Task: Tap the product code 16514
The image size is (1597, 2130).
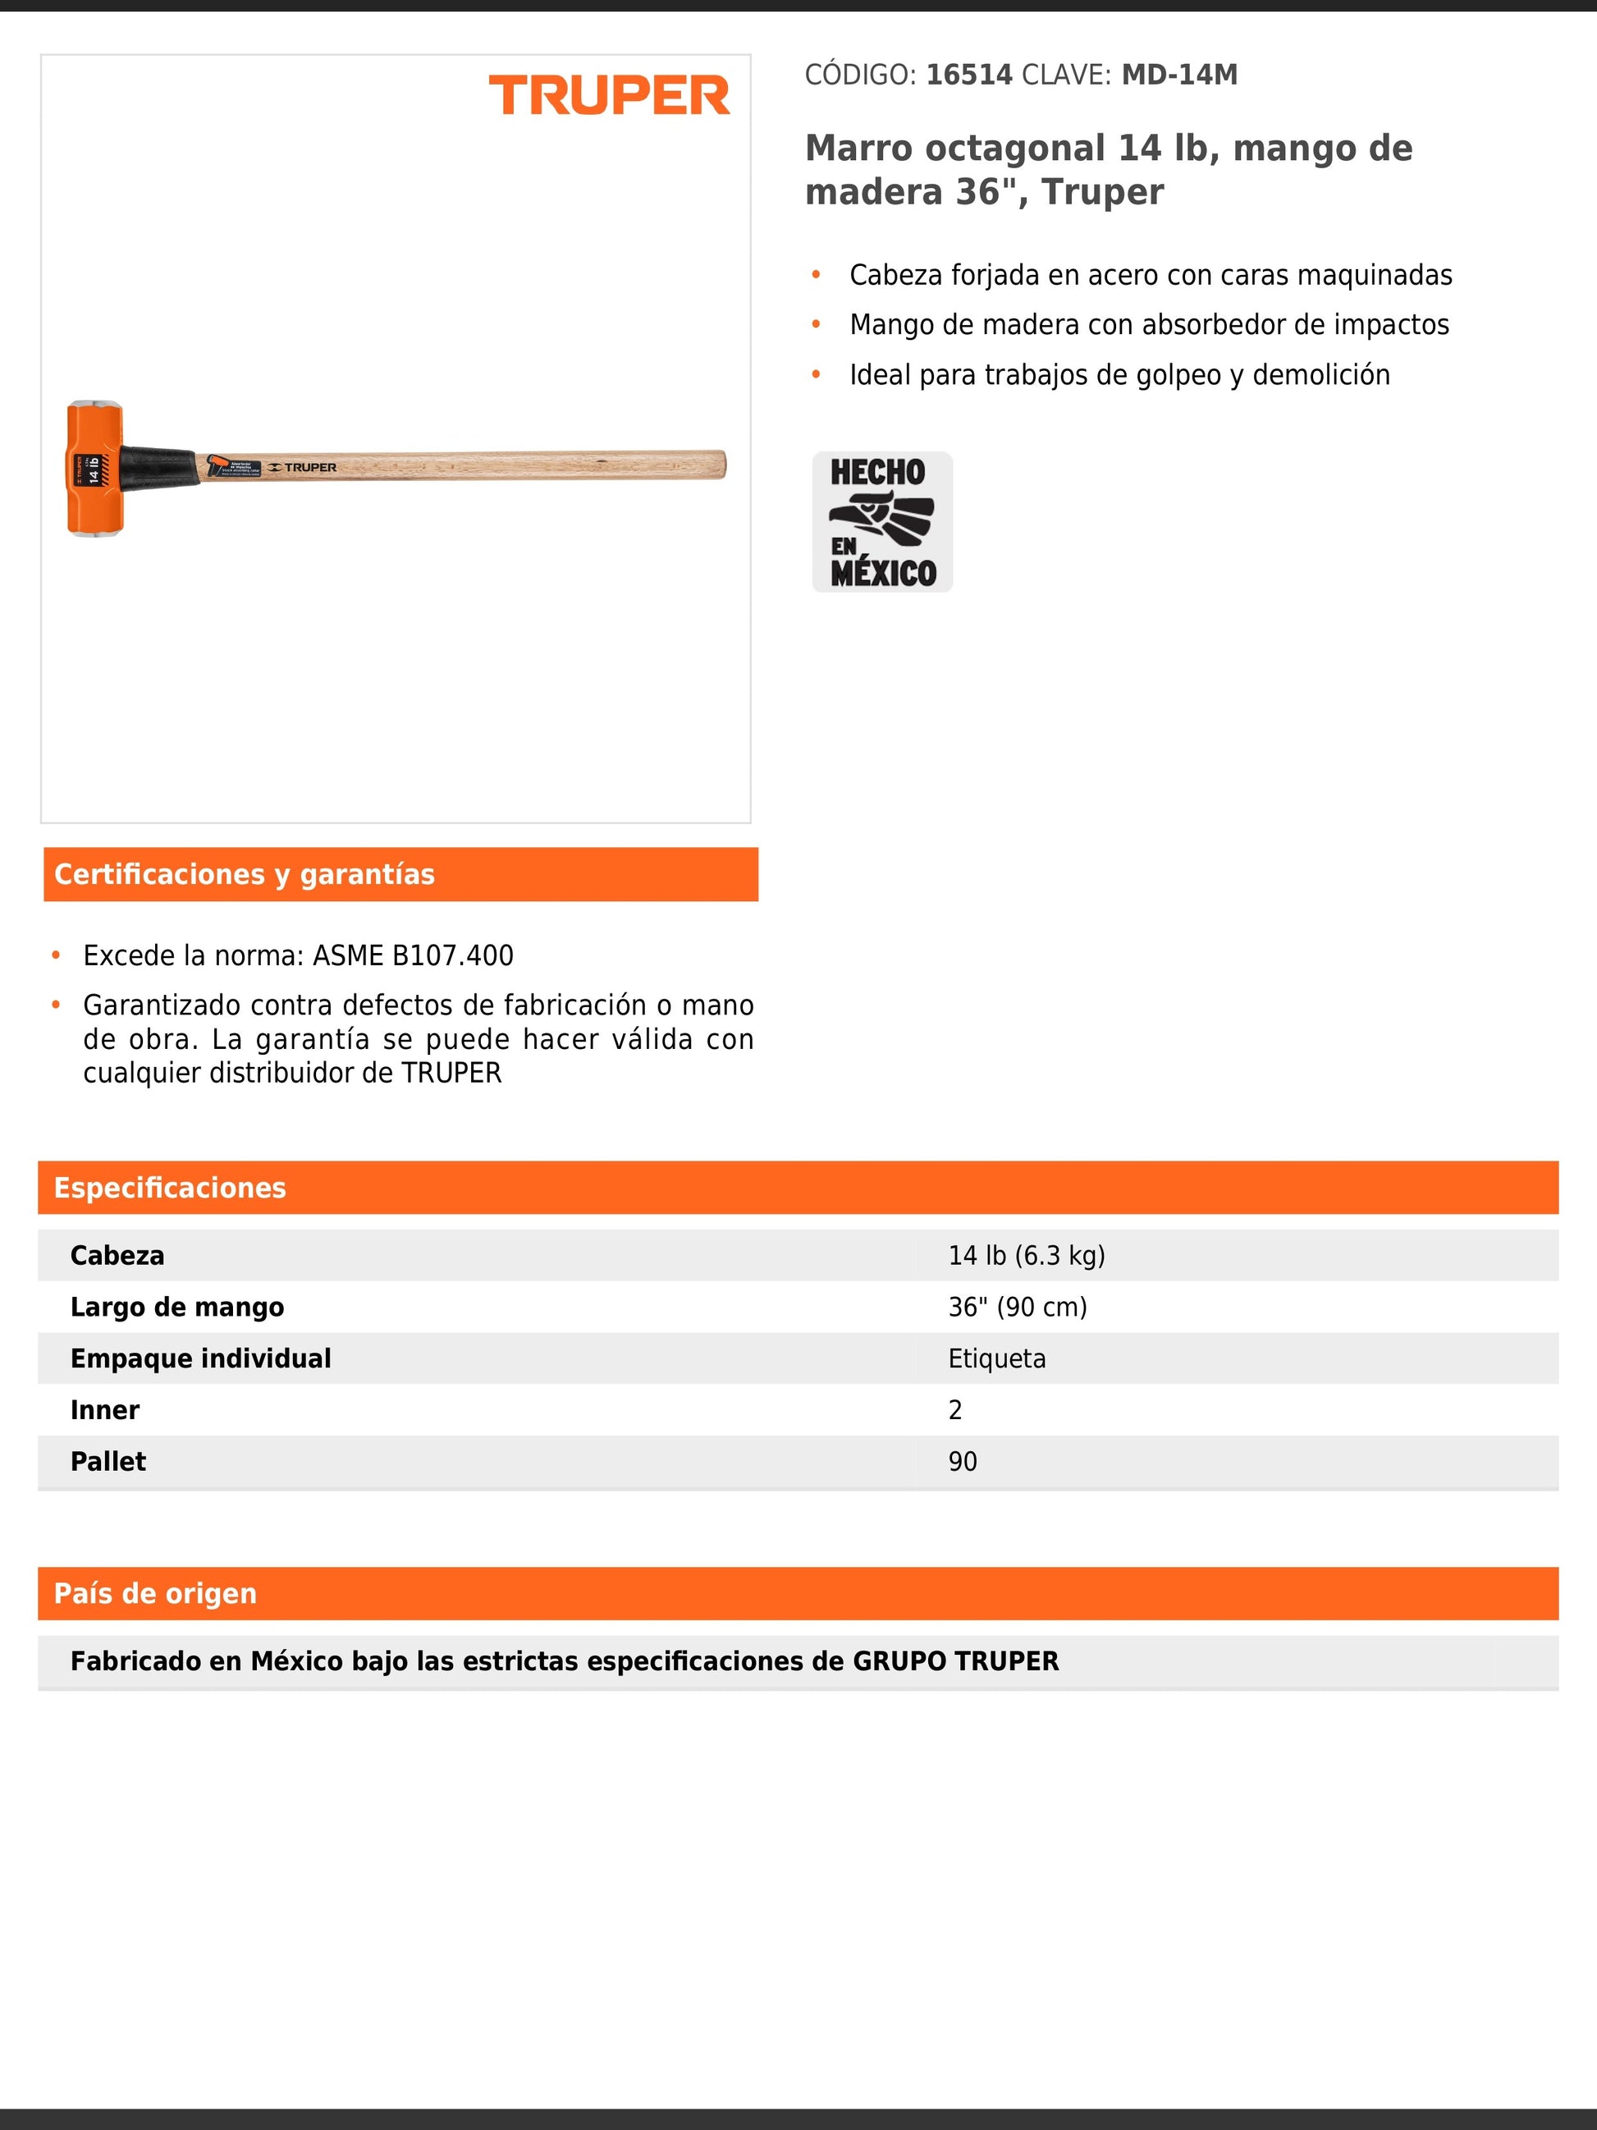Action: (x=968, y=76)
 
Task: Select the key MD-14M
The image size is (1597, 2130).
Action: (x=1179, y=76)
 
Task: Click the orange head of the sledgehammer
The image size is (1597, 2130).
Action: (x=94, y=468)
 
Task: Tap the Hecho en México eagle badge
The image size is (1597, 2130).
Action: (x=881, y=522)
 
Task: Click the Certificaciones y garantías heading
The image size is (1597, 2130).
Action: (x=245, y=874)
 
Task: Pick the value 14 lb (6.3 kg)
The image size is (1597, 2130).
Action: (x=1026, y=1256)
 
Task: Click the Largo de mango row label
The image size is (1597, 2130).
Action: (x=177, y=1307)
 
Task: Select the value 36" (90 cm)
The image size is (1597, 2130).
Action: (x=1018, y=1307)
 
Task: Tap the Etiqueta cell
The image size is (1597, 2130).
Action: (x=996, y=1358)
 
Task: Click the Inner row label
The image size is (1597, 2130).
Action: (x=105, y=1409)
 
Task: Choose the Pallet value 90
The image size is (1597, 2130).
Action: (x=963, y=1462)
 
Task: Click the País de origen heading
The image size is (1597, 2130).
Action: (x=156, y=1594)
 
